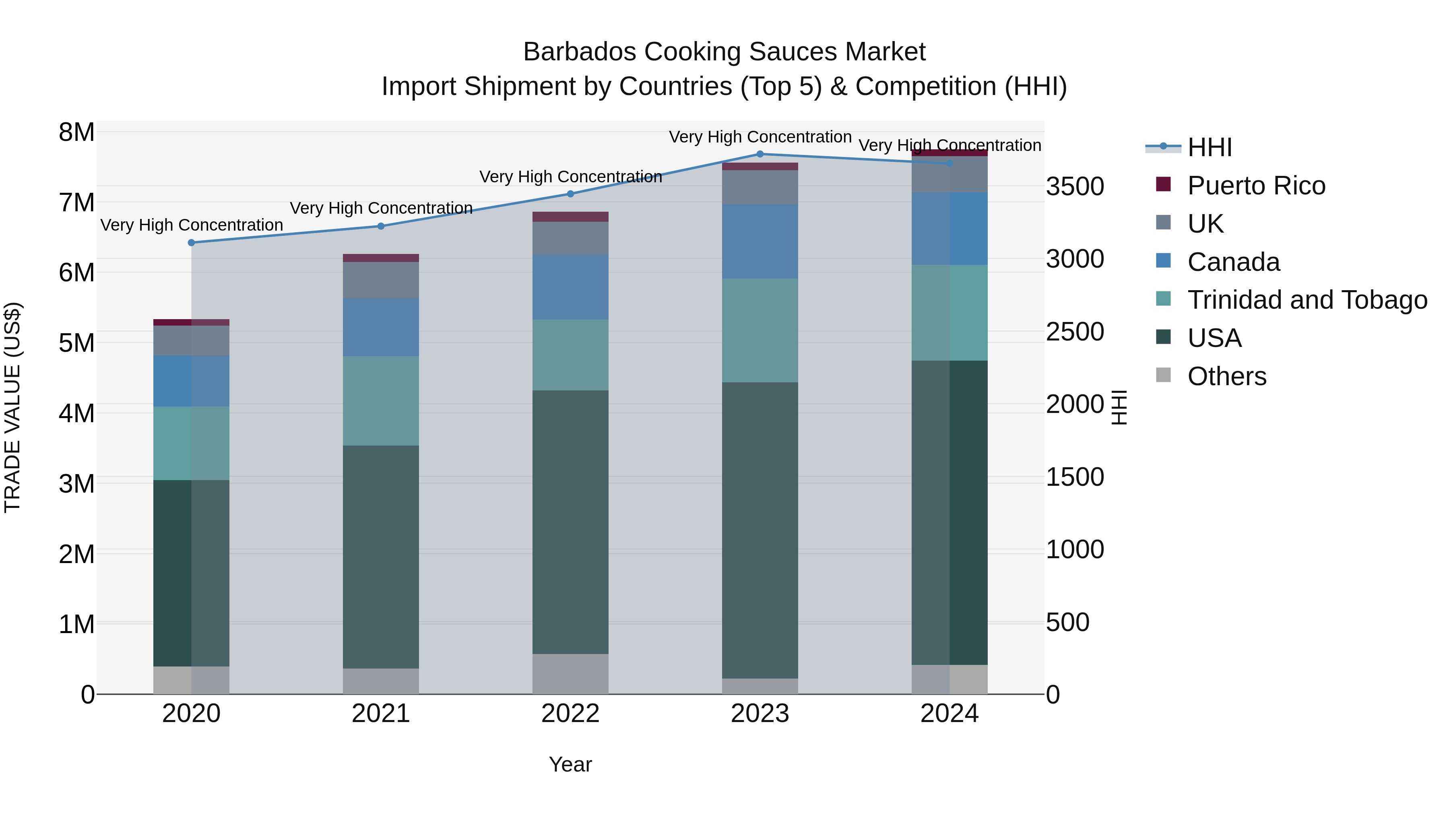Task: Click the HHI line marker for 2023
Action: [760, 154]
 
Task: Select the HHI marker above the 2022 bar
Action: [570, 194]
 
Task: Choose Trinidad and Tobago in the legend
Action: [1307, 300]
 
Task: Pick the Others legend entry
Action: [1226, 376]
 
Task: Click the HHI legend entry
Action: [1210, 147]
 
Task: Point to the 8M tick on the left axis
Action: [76, 133]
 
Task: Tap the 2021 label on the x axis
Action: [381, 714]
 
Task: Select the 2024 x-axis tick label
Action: [949, 714]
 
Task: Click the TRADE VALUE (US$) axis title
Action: [12, 407]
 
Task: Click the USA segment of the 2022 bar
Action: [570, 522]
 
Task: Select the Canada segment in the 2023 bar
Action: [760, 241]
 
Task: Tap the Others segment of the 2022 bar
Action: [570, 674]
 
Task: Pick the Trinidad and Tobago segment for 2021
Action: [381, 400]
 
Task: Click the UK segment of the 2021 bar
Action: [381, 280]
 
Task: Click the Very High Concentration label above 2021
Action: [381, 208]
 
